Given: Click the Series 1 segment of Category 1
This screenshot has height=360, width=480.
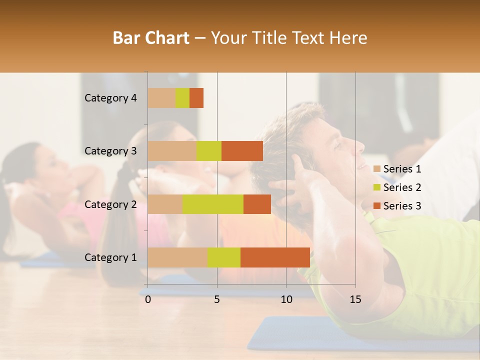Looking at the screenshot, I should pos(177,257).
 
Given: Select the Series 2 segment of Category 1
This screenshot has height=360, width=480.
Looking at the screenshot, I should pos(223,257).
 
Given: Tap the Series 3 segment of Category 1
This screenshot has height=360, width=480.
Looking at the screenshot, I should pos(275,257).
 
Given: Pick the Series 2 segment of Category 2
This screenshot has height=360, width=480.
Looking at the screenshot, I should pos(212,204).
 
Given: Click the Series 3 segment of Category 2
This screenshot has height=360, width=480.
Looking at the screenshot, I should pos(257,204).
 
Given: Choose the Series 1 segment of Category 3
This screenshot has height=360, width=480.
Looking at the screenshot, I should pos(172,151).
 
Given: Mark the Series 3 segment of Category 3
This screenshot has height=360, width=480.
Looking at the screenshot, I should pos(242,151).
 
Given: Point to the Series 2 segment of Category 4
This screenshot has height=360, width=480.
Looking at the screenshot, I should pos(182,98).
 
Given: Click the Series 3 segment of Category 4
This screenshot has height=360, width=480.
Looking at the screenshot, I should pos(196,98).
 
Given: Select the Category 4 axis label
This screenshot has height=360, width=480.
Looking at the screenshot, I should pos(110,98).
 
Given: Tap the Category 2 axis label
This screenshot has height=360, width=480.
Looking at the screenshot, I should pos(110,204).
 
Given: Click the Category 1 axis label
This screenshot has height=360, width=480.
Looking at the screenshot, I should pos(110,257).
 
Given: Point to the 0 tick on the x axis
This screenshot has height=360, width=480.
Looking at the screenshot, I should pos(148,299).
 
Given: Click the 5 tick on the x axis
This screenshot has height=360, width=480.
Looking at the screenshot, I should pos(217,299).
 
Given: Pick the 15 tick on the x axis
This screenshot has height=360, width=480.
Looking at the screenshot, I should pos(355,299).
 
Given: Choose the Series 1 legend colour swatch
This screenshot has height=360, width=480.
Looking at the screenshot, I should pos(377,169).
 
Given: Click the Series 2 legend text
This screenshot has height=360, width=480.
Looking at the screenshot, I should pos(402,187).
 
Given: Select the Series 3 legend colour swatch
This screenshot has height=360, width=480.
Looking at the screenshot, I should pos(377,206).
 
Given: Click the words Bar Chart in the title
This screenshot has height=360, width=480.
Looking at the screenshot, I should pos(151,38).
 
